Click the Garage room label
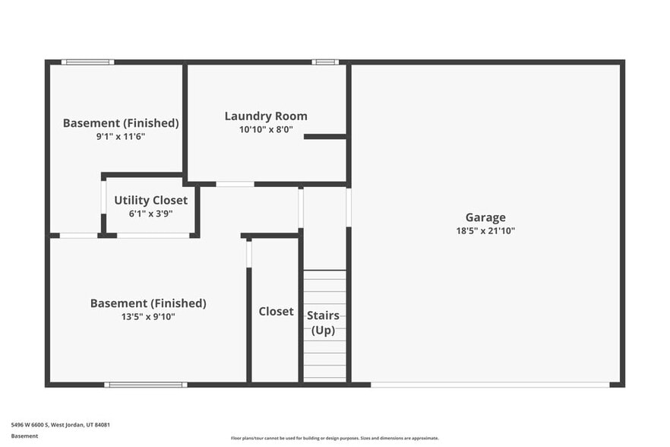(x=485, y=217)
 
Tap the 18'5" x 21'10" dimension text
(x=485, y=230)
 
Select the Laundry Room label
(x=266, y=116)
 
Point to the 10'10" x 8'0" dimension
(x=266, y=129)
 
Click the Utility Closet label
(x=150, y=201)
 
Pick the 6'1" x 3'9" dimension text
(x=150, y=214)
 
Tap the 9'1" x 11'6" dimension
(x=121, y=136)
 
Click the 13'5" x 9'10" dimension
(x=148, y=316)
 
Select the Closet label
(x=276, y=312)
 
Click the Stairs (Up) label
(x=323, y=322)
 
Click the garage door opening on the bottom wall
(x=490, y=385)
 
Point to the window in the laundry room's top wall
(x=325, y=62)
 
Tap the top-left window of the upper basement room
(x=87, y=62)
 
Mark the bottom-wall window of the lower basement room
(x=145, y=385)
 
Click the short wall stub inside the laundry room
(x=325, y=137)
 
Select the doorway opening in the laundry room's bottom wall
(x=235, y=184)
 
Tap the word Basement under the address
(x=24, y=436)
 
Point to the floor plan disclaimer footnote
(x=334, y=438)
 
